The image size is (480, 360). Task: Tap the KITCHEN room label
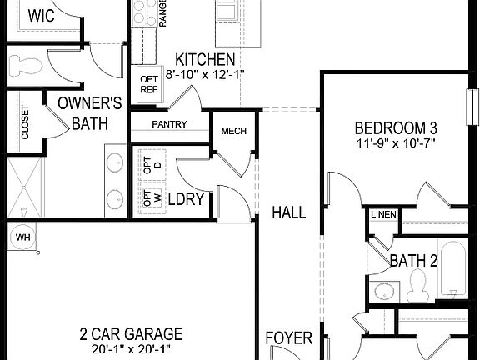[204, 61]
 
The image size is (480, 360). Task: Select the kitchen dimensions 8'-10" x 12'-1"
[205, 75]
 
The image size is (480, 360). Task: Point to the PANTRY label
[169, 125]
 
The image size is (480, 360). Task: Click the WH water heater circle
[22, 237]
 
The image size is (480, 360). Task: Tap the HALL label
[288, 212]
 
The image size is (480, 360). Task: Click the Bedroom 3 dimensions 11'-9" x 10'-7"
[396, 143]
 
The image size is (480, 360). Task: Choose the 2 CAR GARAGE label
[125, 334]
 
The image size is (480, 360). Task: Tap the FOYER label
[289, 338]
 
